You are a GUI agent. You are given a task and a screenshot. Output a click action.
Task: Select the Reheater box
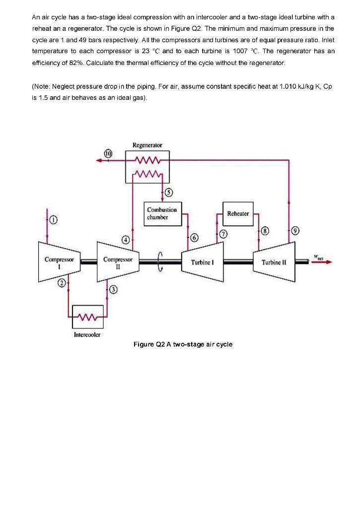pyautogui.click(x=237, y=213)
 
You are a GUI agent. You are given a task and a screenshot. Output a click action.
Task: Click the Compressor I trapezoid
pyautogui.click(x=59, y=261)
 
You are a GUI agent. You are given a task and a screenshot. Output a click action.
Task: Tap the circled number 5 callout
pyautogui.click(x=168, y=193)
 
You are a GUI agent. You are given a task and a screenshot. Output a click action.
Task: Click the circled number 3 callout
pyautogui.click(x=113, y=289)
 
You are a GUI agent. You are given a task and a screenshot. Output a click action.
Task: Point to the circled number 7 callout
pyautogui.click(x=223, y=233)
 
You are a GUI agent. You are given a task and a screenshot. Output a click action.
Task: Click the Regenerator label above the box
pyautogui.click(x=147, y=145)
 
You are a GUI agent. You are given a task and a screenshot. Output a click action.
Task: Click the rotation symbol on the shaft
pyautogui.click(x=160, y=261)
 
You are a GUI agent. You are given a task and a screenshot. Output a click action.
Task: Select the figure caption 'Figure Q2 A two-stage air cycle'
pyautogui.click(x=183, y=344)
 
